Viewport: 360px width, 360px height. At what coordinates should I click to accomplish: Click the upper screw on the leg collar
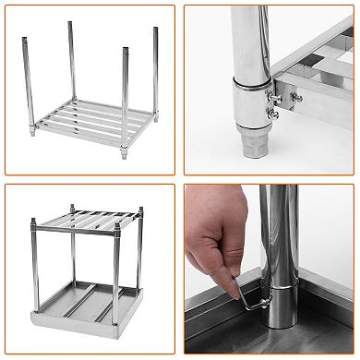tap(274, 92)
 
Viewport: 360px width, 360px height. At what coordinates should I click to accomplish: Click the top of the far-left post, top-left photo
tap(22, 37)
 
